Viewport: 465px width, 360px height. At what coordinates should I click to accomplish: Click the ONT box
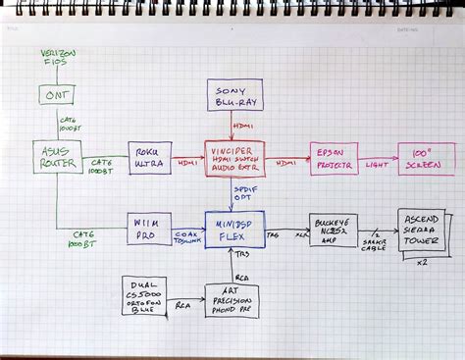(x=56, y=95)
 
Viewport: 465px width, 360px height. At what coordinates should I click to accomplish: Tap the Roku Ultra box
(x=149, y=158)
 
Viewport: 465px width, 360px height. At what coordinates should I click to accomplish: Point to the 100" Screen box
(x=426, y=158)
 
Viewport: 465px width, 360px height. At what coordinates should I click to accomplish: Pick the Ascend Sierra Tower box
(x=422, y=231)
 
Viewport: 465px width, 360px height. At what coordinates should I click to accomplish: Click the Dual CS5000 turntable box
(x=144, y=294)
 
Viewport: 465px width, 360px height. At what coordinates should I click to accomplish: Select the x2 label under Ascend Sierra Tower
(x=422, y=265)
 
